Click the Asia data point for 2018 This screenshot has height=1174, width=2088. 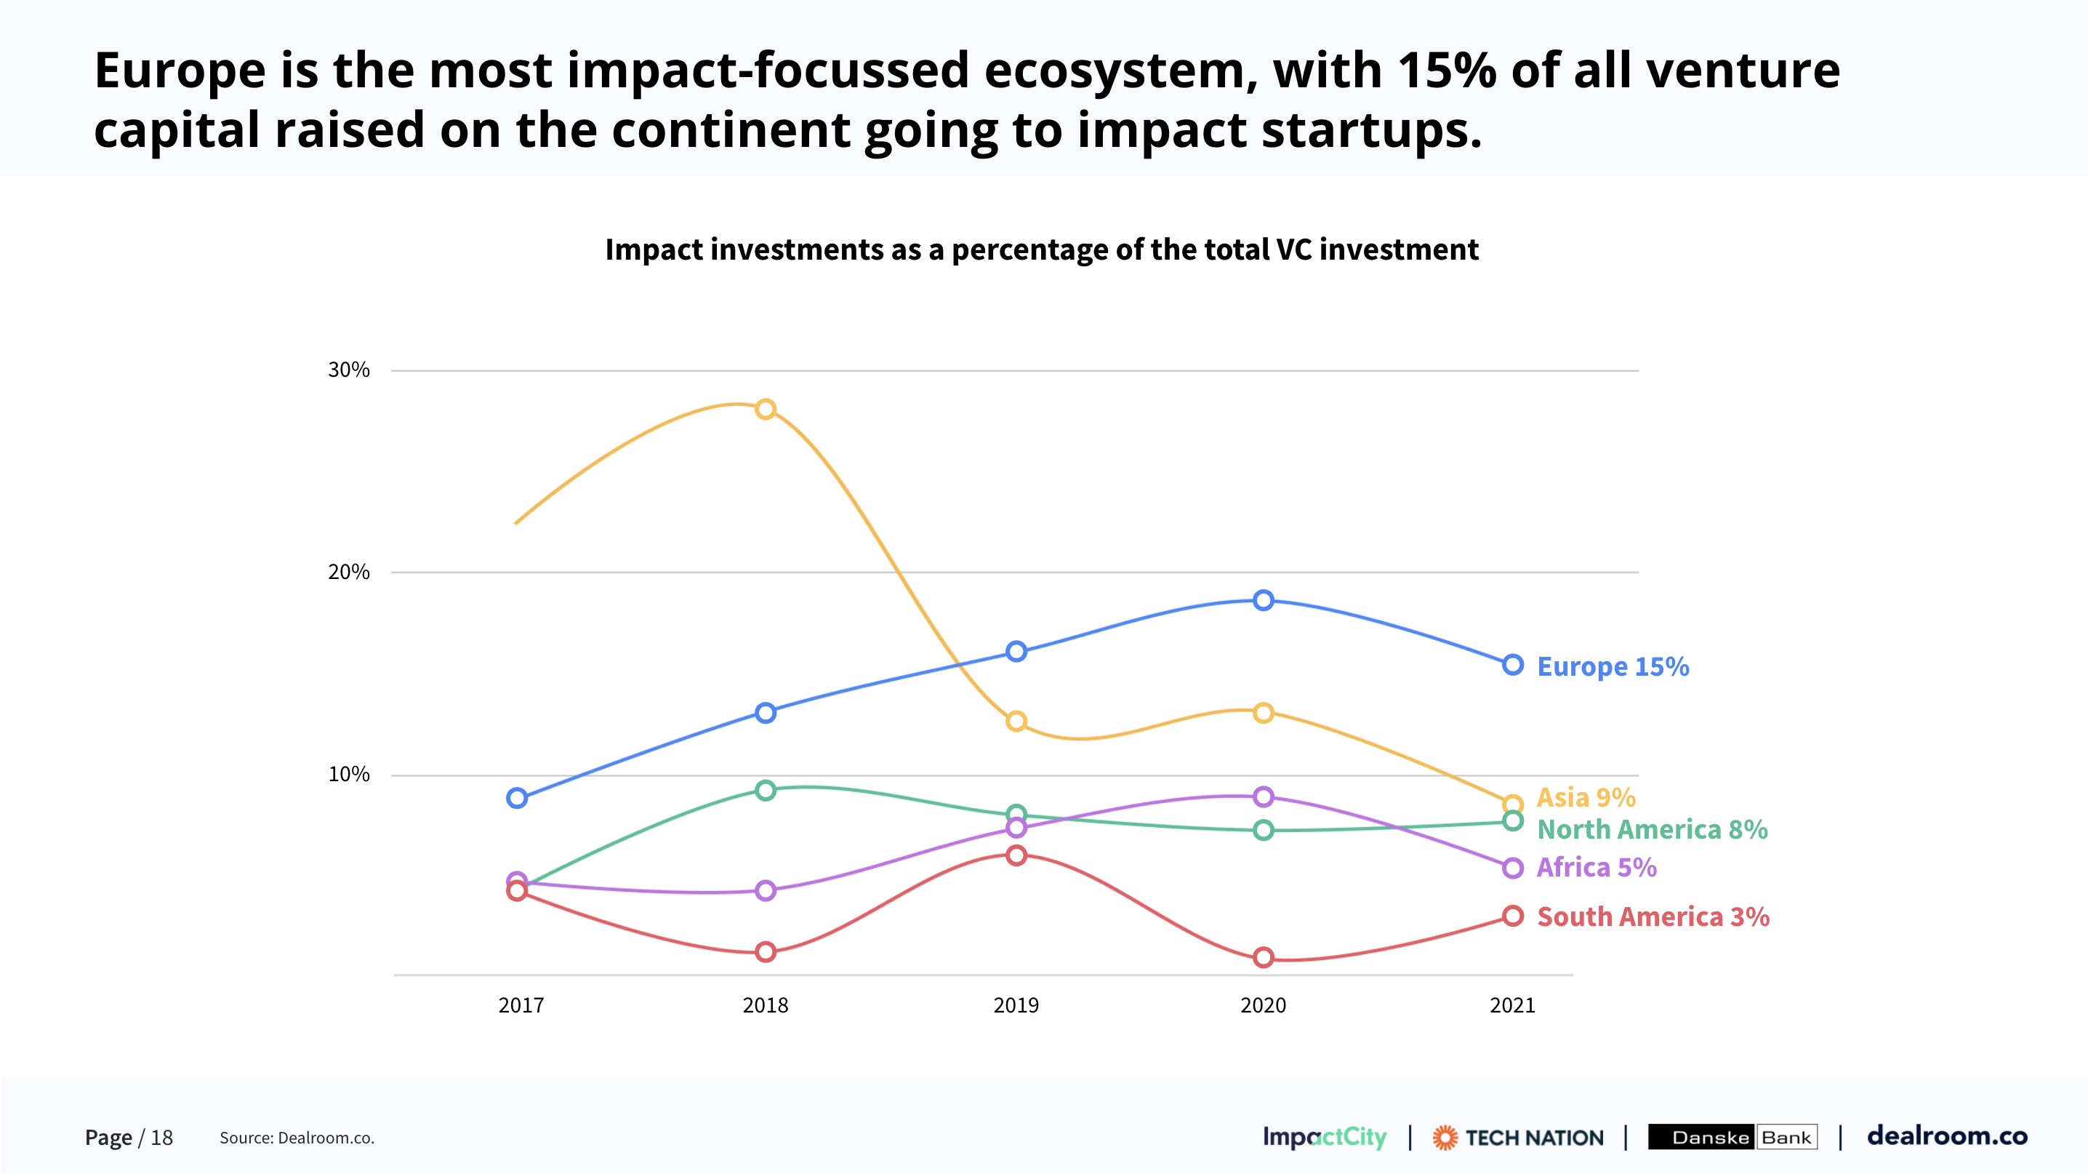pyautogui.click(x=765, y=409)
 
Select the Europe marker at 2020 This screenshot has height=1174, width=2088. pyautogui.click(x=1263, y=600)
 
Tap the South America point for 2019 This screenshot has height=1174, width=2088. pyautogui.click(x=1016, y=855)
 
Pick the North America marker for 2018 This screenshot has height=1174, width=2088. pyautogui.click(x=765, y=790)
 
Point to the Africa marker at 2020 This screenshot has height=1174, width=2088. pyautogui.click(x=1263, y=796)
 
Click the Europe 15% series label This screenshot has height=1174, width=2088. pyautogui.click(x=1613, y=666)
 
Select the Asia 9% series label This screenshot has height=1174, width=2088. pyautogui.click(x=1586, y=797)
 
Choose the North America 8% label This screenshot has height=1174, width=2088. pyautogui.click(x=1652, y=829)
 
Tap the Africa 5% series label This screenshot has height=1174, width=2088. pyautogui.click(x=1596, y=867)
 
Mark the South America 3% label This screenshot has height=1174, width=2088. pyautogui.click(x=1653, y=917)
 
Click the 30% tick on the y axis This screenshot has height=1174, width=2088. pyautogui.click(x=348, y=370)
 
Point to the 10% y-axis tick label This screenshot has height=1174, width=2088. pyautogui.click(x=348, y=774)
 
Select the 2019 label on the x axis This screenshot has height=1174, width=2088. pyautogui.click(x=1016, y=1005)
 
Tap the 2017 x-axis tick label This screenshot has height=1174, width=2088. pyautogui.click(x=521, y=1005)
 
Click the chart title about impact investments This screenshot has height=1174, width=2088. pyautogui.click(x=1042, y=249)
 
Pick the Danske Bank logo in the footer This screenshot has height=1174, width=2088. pyautogui.click(x=1732, y=1137)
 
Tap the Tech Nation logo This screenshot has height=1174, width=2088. pyautogui.click(x=1517, y=1138)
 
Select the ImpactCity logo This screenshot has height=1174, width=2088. pyautogui.click(x=1325, y=1137)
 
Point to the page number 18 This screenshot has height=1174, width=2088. pyautogui.click(x=161, y=1138)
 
